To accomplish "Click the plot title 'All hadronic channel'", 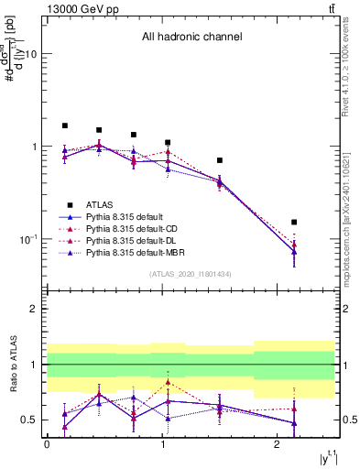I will point(191,38).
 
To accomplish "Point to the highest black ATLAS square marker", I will point(65,125).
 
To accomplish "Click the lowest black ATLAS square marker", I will point(294,222).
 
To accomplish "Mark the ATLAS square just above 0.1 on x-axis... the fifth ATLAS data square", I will point(219,160).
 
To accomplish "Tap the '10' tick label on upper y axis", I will point(29,54).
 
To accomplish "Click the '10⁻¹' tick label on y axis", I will point(27,239).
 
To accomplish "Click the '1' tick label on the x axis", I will point(162,444).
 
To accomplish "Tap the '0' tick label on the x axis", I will point(47,444).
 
